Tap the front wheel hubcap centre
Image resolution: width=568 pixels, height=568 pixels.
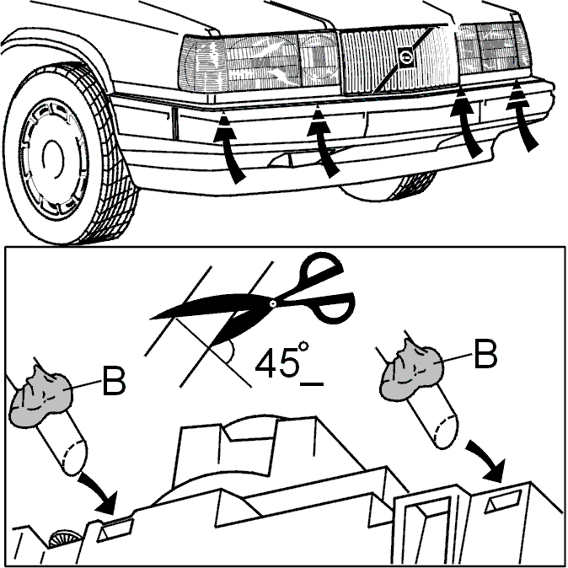click(x=53, y=158)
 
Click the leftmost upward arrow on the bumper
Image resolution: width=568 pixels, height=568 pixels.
click(x=228, y=148)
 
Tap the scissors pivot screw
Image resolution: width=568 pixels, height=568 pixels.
click(x=273, y=303)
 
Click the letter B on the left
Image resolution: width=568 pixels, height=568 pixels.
click(x=114, y=381)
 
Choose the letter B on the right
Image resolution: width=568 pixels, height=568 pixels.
click(x=485, y=354)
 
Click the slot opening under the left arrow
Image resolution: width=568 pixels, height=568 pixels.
click(x=115, y=529)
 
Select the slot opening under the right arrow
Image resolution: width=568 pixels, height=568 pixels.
click(x=503, y=501)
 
